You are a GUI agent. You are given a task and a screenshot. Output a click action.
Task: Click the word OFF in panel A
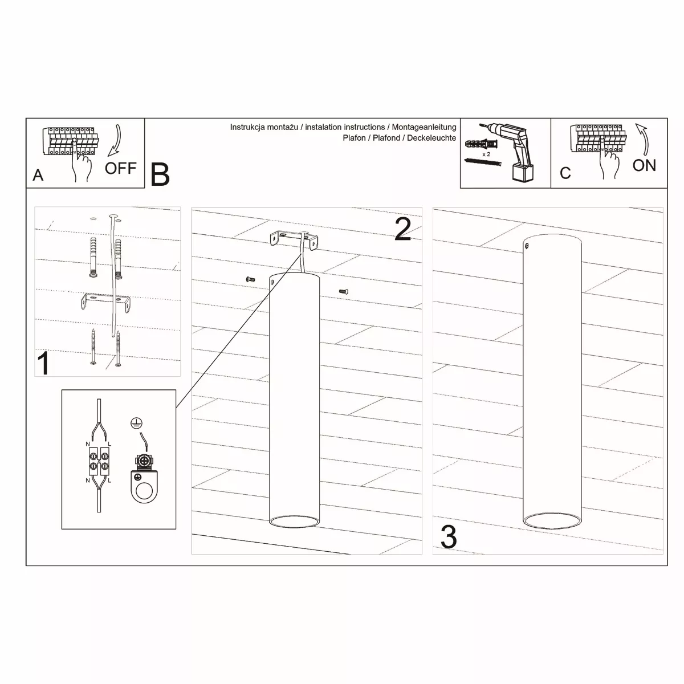(x=120, y=168)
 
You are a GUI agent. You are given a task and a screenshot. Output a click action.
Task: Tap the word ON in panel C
(x=644, y=165)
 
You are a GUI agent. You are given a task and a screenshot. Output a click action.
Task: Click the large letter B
(x=160, y=174)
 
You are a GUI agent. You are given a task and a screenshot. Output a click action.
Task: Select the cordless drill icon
(x=511, y=152)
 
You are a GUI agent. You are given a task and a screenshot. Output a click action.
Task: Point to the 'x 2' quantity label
(x=486, y=154)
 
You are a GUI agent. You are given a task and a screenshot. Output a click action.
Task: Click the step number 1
(x=44, y=363)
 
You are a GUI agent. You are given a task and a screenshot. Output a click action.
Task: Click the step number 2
(x=403, y=229)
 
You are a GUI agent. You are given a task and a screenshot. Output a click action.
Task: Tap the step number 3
(x=449, y=537)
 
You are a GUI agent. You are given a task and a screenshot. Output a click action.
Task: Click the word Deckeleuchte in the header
(x=431, y=138)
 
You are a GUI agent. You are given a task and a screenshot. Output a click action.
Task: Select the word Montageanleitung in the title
(x=424, y=127)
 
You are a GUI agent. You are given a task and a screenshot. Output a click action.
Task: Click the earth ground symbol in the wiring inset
(x=136, y=423)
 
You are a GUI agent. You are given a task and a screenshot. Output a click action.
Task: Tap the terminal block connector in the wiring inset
(x=99, y=461)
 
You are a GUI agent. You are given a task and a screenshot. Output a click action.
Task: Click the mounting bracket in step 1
(x=105, y=302)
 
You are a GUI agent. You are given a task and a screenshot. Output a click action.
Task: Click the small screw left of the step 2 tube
(x=250, y=279)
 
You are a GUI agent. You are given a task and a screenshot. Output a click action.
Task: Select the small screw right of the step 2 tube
(x=344, y=291)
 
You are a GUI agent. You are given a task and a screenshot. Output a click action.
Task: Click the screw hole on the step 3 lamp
(x=527, y=245)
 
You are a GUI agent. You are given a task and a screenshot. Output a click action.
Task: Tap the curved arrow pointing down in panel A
(x=116, y=141)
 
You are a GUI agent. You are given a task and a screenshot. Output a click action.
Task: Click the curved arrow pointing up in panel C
(x=643, y=139)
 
